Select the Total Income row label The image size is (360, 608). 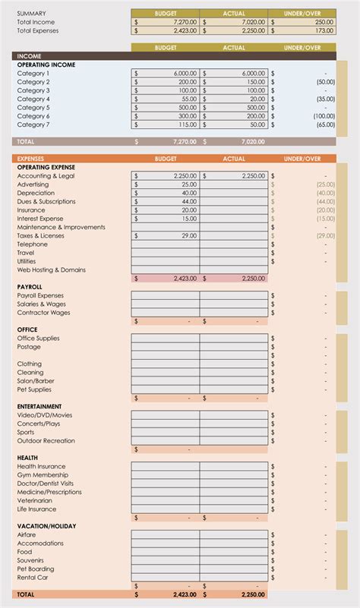pos(36,22)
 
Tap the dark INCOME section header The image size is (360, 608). pos(29,56)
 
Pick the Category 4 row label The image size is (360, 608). pos(33,99)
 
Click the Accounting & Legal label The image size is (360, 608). pos(46,175)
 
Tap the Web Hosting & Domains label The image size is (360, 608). pos(51,269)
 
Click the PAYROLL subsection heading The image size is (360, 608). pos(30,287)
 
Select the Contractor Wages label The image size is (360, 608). pos(43,312)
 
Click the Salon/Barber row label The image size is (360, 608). pos(36,381)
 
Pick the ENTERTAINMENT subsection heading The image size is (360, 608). pos(39,407)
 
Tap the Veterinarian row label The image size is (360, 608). pos(35,500)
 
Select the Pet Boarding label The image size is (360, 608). pos(36,569)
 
